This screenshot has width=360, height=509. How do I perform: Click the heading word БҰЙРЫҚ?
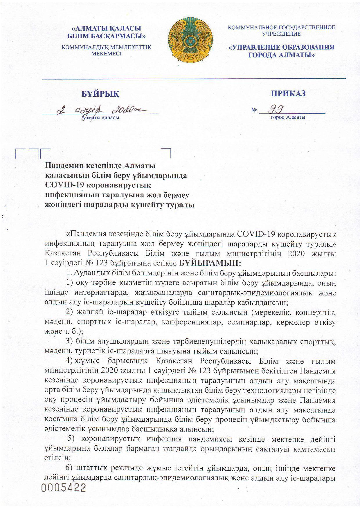coord(100,94)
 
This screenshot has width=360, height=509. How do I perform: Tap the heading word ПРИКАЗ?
coord(288,93)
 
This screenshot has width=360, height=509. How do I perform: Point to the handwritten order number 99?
coord(277,109)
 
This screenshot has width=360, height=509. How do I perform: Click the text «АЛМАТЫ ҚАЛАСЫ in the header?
coord(107,28)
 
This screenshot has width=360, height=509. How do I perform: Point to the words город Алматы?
coord(288,118)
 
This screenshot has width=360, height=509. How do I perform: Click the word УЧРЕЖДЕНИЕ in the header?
coord(281,34)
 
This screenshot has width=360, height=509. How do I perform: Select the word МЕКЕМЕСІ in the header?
coord(106,54)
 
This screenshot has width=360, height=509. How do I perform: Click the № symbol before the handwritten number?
coord(254,111)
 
